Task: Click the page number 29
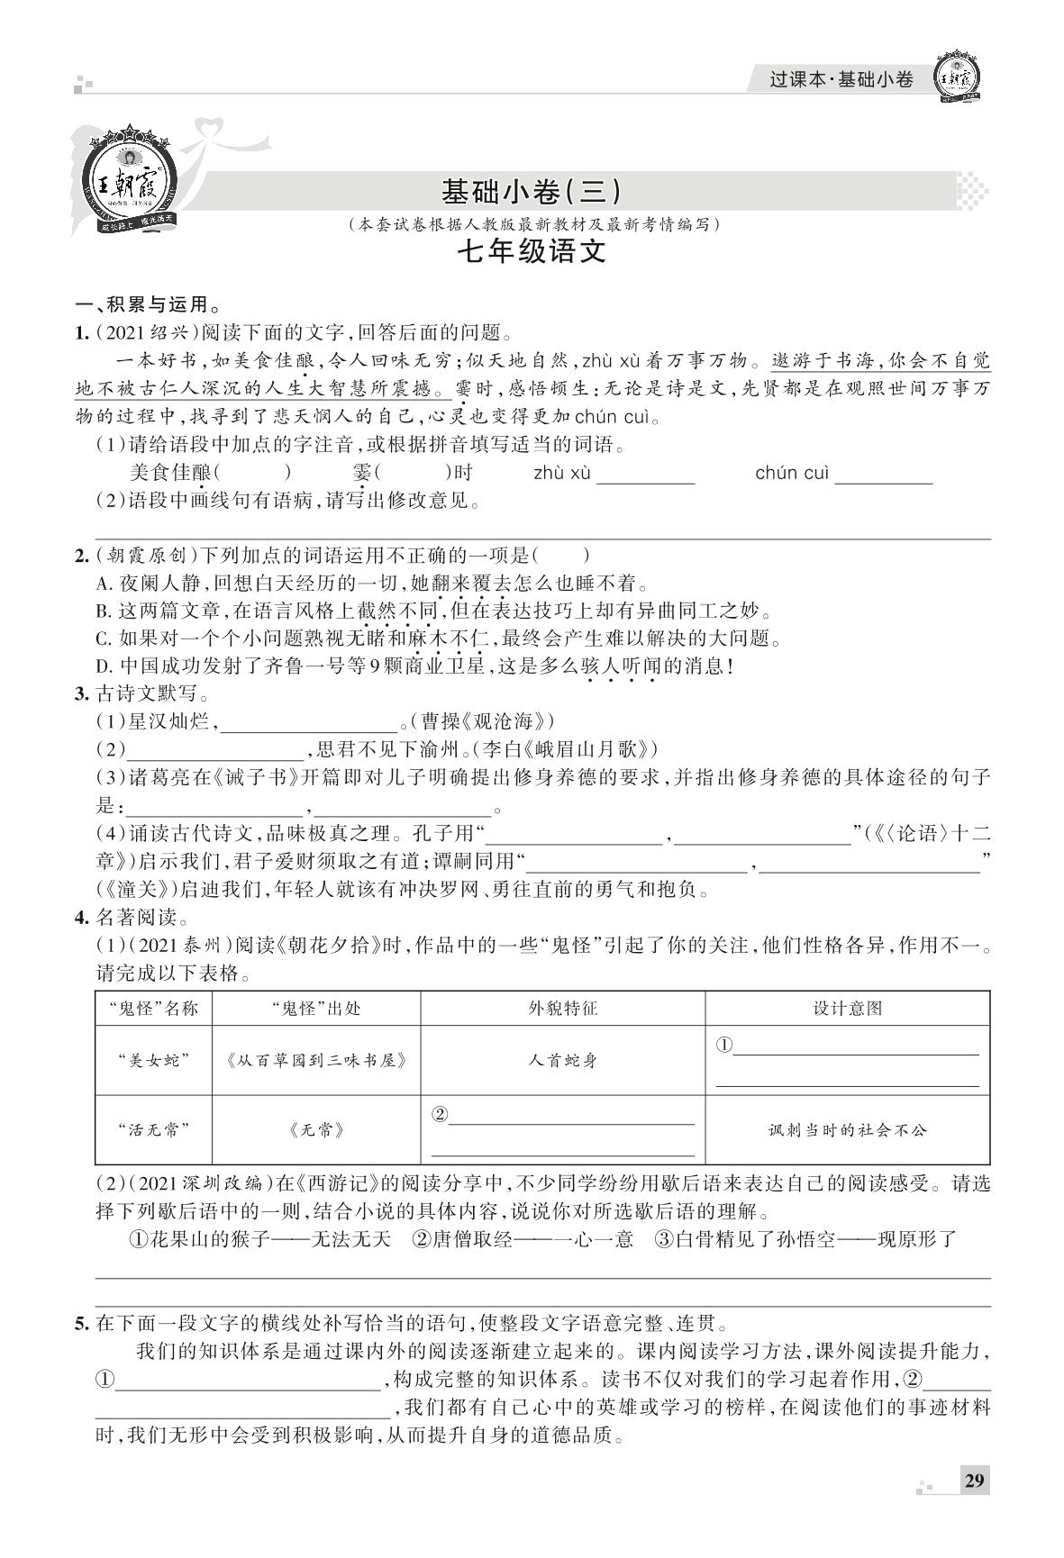974,1481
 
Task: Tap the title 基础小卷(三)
531,191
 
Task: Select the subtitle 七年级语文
531,251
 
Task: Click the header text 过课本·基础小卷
841,79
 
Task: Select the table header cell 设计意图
847,1008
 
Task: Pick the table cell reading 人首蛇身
562,1060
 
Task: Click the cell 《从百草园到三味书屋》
315,1060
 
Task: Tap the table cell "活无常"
153,1129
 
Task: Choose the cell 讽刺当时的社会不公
847,1129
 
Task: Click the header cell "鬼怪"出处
315,1008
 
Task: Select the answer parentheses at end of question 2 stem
561,556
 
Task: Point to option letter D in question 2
102,667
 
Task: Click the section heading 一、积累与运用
149,304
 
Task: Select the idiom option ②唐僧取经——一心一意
523,1239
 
